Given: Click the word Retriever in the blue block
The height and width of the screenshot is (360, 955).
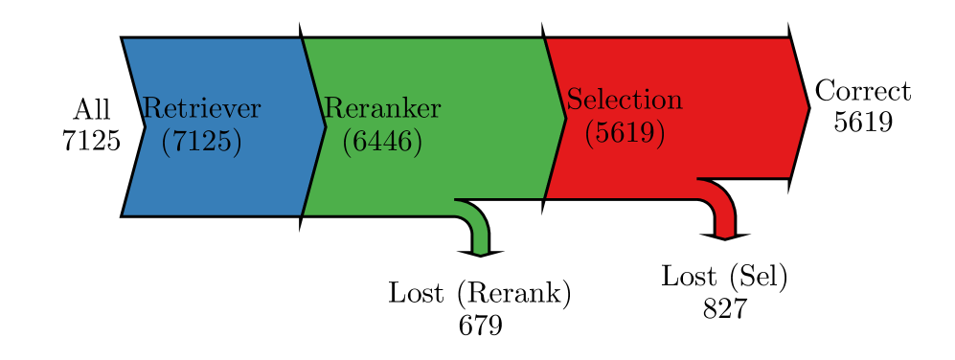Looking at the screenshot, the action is pos(201,108).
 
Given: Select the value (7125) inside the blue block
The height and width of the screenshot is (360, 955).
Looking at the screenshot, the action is pos(201,142).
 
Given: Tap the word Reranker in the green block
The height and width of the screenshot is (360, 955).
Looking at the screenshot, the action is pos(382,108).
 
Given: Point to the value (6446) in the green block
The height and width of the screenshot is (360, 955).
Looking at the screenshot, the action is pos(382,142).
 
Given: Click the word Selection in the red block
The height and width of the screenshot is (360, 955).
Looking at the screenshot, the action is pos(625,100).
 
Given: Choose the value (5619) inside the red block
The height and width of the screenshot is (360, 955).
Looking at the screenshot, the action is pos(625,133).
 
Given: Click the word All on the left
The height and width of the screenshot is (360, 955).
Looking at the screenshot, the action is pos(91,108).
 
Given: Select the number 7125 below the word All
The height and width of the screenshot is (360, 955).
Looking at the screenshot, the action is pos(91,142).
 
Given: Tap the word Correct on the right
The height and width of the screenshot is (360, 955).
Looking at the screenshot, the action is pos(862,92).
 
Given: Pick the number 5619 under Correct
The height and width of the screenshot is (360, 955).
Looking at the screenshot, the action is pos(862,123).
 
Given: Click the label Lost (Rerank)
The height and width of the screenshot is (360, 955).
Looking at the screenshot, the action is pos(480,293).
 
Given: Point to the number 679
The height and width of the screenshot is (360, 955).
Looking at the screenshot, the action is pos(480,326).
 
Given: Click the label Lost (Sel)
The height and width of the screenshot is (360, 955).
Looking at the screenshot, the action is pos(724,277).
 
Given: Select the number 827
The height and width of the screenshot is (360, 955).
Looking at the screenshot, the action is pos(724,309).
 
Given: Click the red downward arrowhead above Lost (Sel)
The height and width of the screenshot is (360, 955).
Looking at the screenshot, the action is pos(724,235).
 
